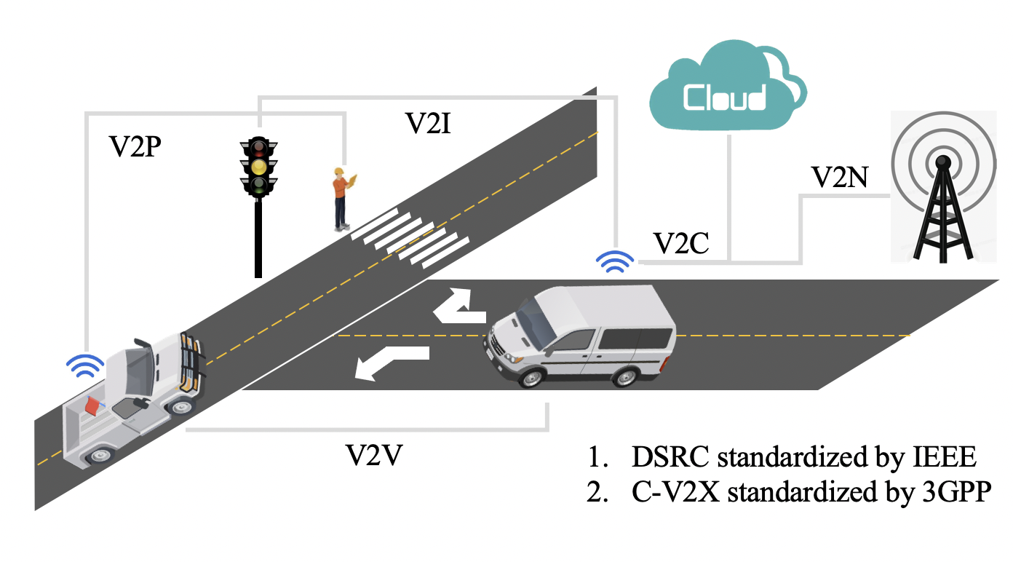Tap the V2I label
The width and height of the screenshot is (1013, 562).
(428, 124)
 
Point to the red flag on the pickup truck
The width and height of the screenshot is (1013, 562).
(92, 405)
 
